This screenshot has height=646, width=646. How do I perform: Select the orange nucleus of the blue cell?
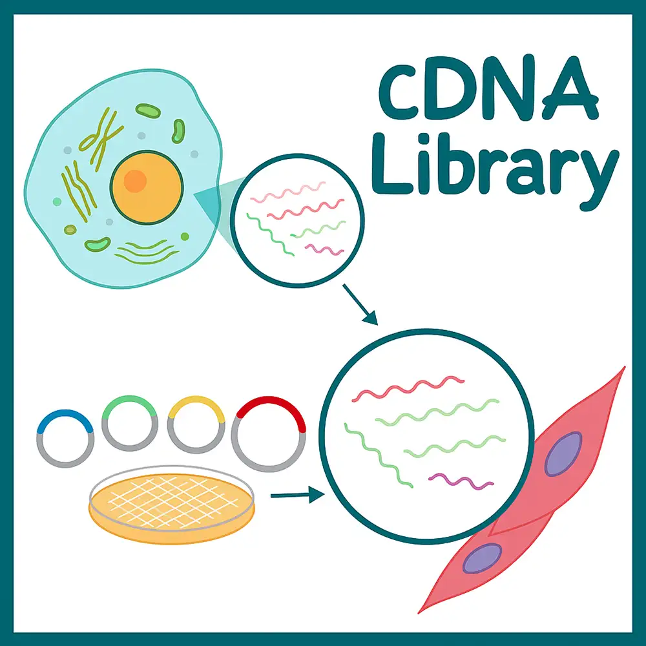tap(146, 187)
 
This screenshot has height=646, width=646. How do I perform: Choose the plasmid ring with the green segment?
tap(130, 422)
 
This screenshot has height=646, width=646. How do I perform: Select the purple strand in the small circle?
tap(324, 249)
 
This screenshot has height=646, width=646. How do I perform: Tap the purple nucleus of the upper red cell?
tap(563, 453)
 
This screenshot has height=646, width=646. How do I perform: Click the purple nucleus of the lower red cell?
tap(482, 557)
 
